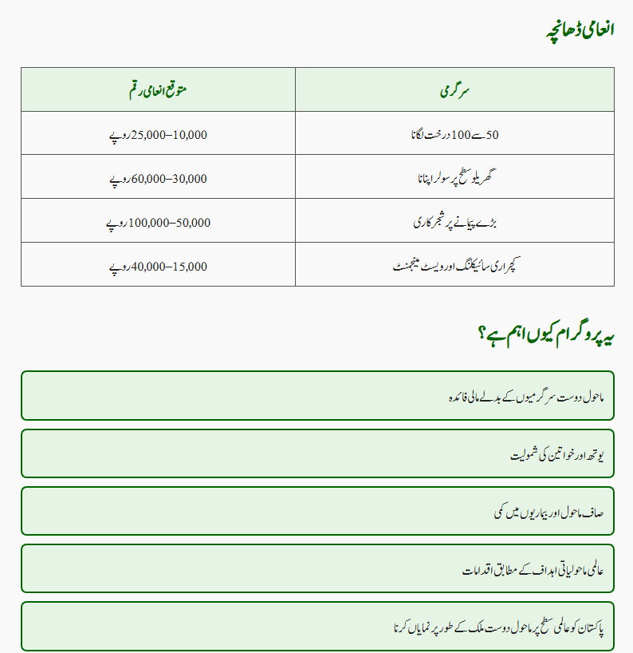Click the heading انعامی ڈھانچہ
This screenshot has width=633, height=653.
pos(579,30)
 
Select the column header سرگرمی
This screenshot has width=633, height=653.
pos(454,89)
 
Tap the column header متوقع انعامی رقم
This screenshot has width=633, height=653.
pos(158,89)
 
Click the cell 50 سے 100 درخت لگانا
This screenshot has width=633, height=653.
pos(454,134)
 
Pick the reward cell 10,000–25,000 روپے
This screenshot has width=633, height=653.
pos(158,134)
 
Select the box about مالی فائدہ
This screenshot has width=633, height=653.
pos(317,395)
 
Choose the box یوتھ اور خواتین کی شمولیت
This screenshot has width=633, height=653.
pos(317,453)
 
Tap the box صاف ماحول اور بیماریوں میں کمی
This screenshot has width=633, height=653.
pos(317,511)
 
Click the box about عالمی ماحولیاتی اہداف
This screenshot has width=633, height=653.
pos(317,568)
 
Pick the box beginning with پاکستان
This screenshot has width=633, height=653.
pos(317,626)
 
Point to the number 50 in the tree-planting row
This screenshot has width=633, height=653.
pos(492,135)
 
